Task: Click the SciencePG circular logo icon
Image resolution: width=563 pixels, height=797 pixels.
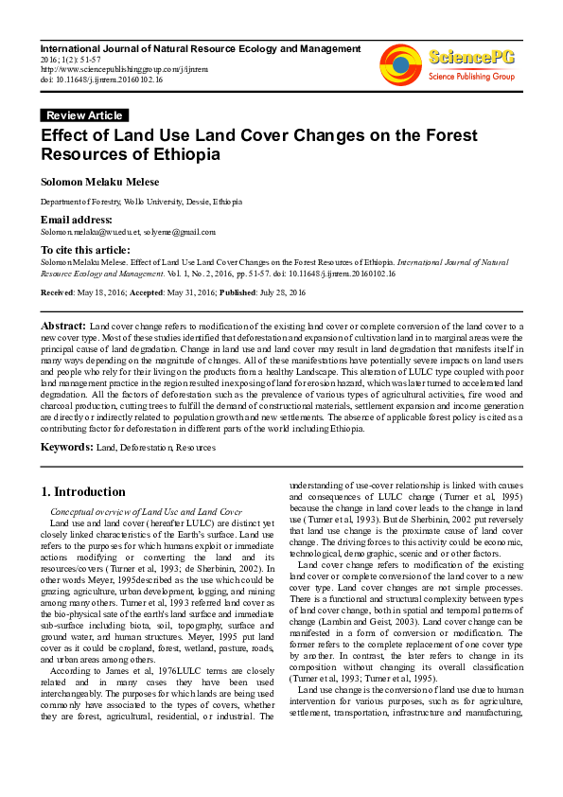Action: pyautogui.click(x=400, y=63)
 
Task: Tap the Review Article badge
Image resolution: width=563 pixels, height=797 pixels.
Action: pyautogui.click(x=82, y=115)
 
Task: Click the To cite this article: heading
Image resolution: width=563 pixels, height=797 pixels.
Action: pyautogui.click(x=85, y=249)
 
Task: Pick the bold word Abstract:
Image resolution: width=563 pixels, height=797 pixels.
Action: pyautogui.click(x=63, y=325)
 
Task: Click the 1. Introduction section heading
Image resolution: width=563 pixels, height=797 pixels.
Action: pyautogui.click(x=83, y=491)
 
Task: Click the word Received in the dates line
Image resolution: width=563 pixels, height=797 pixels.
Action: pyautogui.click(x=58, y=293)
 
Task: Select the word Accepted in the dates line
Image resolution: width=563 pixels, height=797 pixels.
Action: pyautogui.click(x=147, y=293)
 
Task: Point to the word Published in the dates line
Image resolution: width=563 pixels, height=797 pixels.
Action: pyautogui.click(x=241, y=293)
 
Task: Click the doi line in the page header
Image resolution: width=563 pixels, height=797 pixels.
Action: pyautogui.click(x=101, y=80)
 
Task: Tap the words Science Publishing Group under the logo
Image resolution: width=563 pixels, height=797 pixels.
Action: pyautogui.click(x=470, y=76)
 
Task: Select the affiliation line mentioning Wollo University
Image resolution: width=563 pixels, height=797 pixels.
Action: pyautogui.click(x=140, y=202)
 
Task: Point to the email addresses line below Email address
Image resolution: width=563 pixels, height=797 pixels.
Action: pyautogui.click(x=128, y=232)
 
